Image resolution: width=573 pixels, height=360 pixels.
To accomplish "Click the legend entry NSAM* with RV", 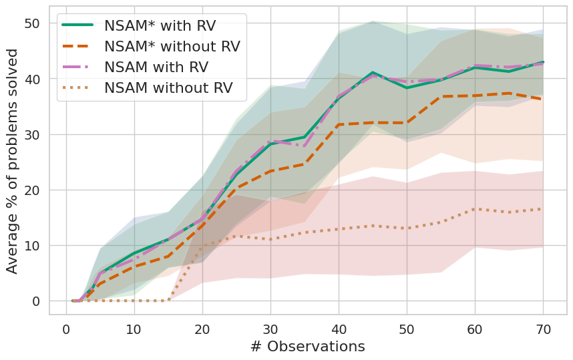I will pos(160,27).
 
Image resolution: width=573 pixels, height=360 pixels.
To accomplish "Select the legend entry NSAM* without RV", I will pos(172,47).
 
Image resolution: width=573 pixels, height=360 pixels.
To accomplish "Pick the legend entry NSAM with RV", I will pos(156,67).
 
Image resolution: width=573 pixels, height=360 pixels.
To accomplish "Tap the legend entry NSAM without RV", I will pos(168,88).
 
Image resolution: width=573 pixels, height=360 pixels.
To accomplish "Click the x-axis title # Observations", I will pos(307,347).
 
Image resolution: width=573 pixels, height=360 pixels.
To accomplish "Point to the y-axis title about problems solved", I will pos(13,163).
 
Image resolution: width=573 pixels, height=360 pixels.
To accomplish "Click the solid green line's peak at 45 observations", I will pos(373,72).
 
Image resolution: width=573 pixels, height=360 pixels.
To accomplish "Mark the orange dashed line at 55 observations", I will pos(441,97).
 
